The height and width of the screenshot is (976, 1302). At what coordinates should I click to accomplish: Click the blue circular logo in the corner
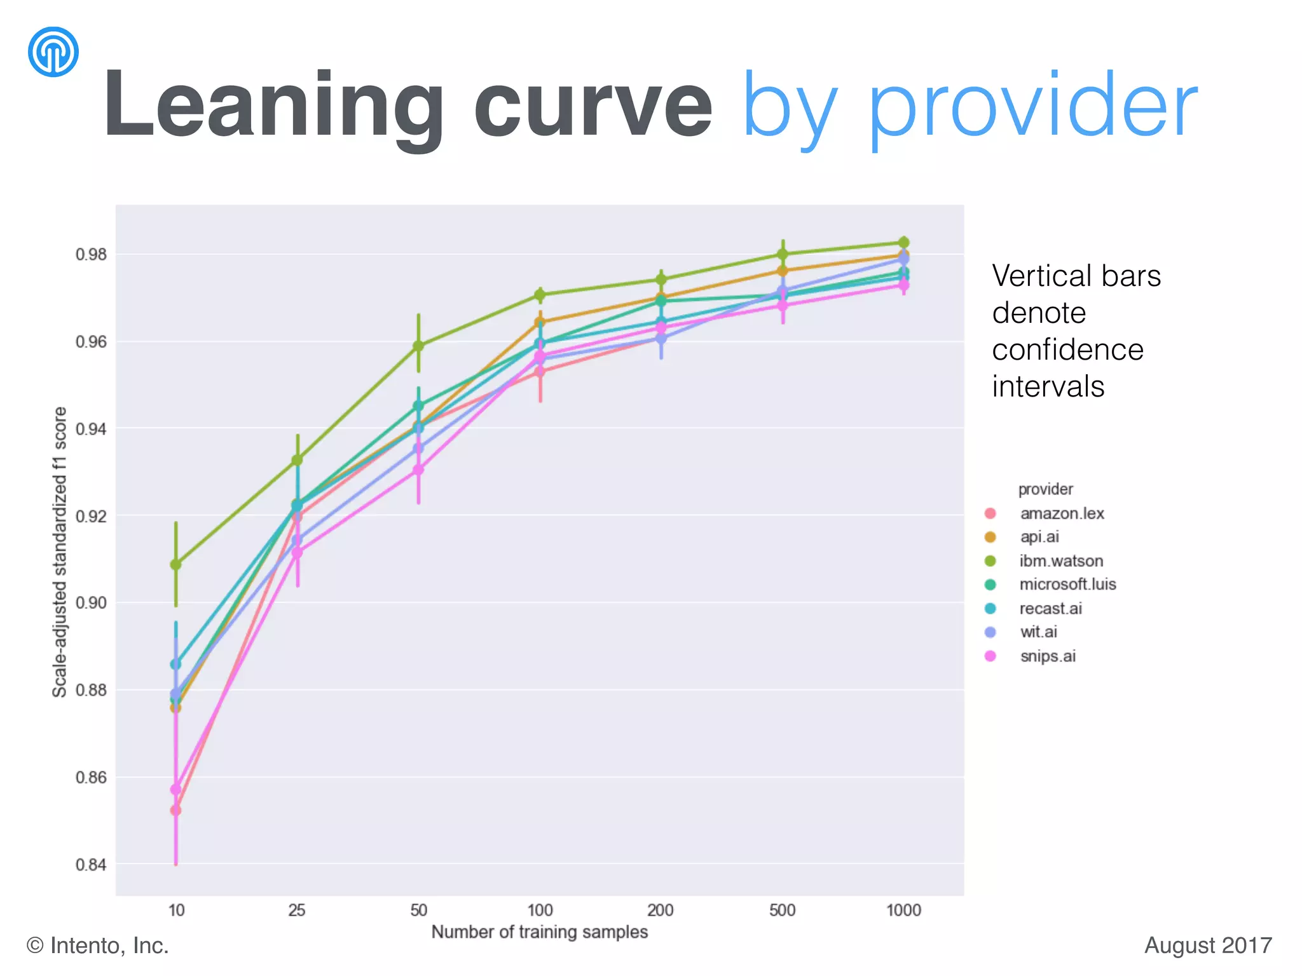tap(53, 51)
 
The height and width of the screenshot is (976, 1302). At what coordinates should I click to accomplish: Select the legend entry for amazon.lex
tap(1062, 513)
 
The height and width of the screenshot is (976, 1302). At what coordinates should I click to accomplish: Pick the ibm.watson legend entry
tap(1061, 561)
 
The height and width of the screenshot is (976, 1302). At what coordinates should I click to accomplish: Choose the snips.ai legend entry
tap(1048, 656)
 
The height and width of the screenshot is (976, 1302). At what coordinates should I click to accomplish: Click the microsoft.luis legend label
tap(1067, 585)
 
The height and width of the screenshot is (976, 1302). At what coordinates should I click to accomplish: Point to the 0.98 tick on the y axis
tap(91, 255)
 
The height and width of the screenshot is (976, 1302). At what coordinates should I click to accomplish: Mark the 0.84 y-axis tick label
tap(91, 865)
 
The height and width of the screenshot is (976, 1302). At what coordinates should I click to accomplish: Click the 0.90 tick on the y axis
tap(91, 603)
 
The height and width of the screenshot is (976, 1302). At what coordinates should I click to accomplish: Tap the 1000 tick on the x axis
tap(903, 911)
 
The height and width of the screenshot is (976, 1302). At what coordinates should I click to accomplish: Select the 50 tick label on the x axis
tap(418, 911)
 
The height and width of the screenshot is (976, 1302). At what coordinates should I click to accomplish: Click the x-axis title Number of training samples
tap(539, 932)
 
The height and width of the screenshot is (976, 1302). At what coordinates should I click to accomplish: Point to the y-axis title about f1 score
tap(60, 552)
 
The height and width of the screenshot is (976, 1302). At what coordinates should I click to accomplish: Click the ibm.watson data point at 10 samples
tap(176, 564)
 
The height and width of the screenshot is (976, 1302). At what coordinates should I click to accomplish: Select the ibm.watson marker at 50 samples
tap(418, 346)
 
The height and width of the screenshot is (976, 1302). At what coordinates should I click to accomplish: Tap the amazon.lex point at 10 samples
tap(176, 811)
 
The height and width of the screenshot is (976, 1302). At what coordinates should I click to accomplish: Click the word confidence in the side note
tap(1067, 349)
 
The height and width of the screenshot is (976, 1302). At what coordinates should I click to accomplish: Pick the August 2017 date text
tap(1208, 945)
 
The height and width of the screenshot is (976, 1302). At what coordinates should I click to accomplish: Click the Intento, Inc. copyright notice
tap(98, 945)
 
